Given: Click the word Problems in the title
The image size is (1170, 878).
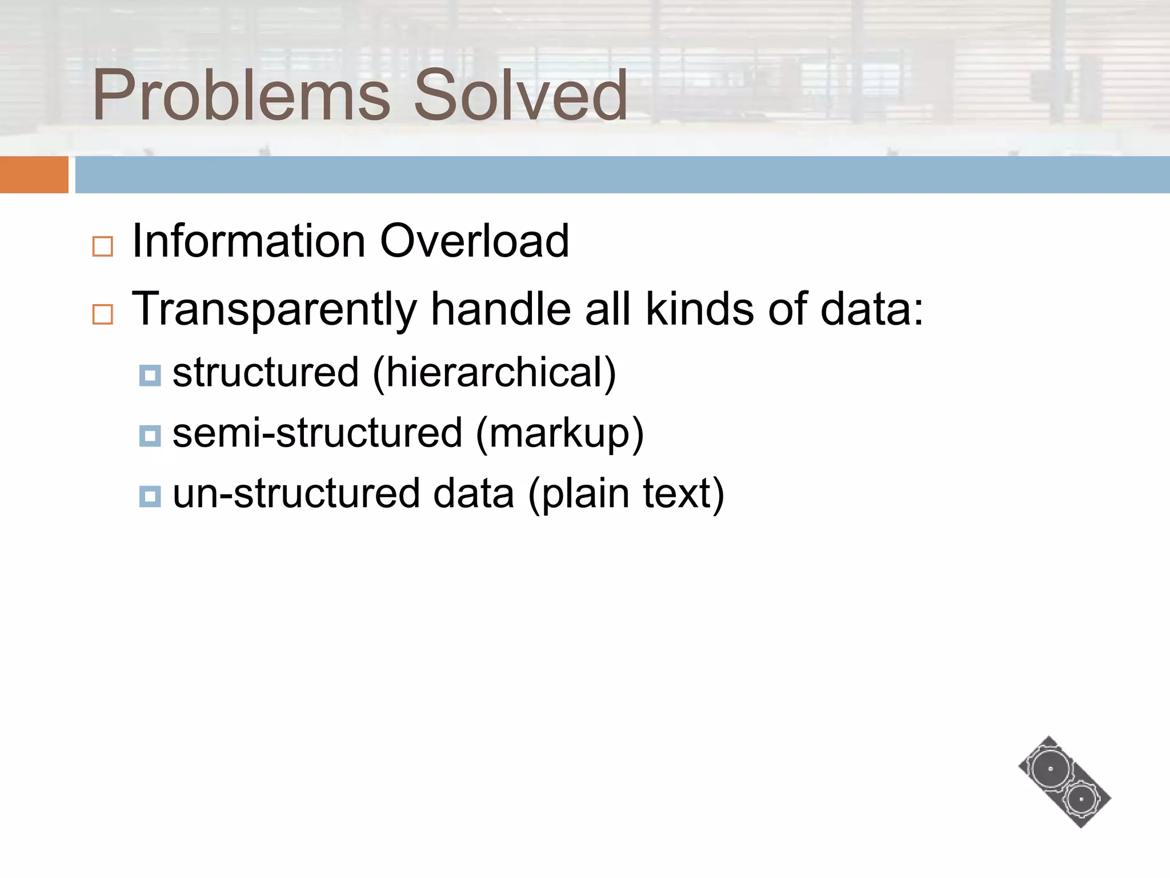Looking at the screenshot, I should point(241,96).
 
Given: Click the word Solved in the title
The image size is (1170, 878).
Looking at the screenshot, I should point(520,96).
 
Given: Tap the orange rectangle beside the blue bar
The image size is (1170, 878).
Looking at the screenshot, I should point(34,174).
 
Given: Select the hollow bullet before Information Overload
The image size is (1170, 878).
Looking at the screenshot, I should point(103,246).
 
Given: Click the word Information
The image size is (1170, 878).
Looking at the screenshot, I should point(249,241).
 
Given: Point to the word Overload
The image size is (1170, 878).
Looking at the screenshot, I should point(474,241).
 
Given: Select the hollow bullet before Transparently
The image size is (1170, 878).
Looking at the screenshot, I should point(103,314).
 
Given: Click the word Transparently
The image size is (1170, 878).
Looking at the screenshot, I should point(274,310).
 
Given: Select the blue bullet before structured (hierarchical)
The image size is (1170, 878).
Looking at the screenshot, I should point(150,376).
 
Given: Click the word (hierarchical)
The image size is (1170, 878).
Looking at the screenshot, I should point(494,373).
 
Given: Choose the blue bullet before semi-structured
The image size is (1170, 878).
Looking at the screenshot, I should point(150,436).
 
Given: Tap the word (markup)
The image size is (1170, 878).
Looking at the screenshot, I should point(559,433).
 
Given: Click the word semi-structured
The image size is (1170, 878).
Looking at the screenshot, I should point(317,433).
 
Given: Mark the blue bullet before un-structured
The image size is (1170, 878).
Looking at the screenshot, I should point(150,496).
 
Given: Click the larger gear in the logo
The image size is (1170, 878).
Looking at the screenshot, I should point(1050,769).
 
